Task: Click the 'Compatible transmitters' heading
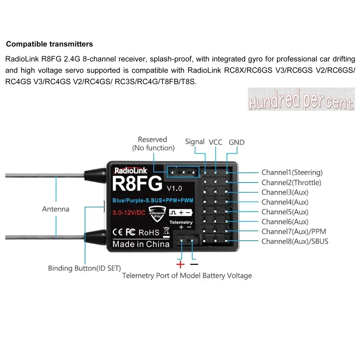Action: pos(50,44)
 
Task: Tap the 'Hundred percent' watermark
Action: pos(301,99)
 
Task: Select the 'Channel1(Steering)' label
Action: pos(292,172)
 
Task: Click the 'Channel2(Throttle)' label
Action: pos(291,183)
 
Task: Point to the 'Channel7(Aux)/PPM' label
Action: pos(294,231)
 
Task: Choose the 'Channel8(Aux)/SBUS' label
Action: pos(295,241)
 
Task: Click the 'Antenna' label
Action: pos(55,209)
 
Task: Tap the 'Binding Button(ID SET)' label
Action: pos(85,268)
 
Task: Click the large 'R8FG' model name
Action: pos(137,184)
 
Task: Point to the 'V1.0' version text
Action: pos(174,188)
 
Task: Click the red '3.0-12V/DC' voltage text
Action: pos(129,212)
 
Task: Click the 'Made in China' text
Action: pos(141,244)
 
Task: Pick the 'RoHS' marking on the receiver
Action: pos(149,232)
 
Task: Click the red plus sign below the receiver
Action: pos(180,265)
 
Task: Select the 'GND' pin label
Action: pos(237,142)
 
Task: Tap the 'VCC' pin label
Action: pos(216,142)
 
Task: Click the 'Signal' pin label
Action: pos(195,141)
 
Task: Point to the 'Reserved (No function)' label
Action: pos(153,143)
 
